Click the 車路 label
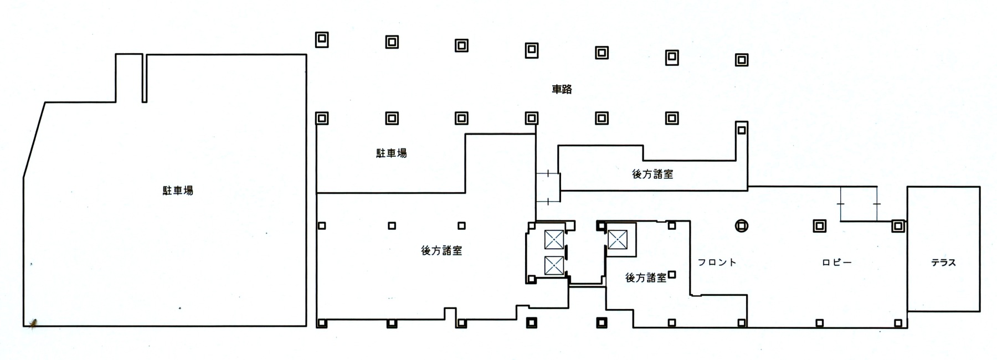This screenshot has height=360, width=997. point(562,89)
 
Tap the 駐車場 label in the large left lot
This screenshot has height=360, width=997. point(178,191)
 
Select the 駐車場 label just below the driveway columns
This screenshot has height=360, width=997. point(391,153)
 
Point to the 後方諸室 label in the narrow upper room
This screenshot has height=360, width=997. point(652,174)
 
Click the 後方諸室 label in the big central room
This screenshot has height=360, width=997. point(441,250)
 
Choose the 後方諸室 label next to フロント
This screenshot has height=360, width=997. point(646,278)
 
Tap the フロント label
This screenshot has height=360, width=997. point(717,263)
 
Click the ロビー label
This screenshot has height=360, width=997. point(836,263)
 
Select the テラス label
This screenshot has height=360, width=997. point(943,263)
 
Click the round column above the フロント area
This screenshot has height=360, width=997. point(741,225)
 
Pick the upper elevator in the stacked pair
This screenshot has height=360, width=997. point(554,239)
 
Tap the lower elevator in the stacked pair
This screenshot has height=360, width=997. point(554,266)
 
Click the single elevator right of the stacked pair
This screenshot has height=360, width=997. point(617,240)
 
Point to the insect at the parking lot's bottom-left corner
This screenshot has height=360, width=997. point(34,322)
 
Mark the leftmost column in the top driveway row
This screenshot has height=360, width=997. point(322,39)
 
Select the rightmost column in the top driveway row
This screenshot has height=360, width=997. point(741,60)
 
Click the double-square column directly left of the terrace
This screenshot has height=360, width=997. point(898,226)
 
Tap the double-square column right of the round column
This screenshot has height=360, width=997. point(819,226)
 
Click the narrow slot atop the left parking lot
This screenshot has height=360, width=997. point(144,78)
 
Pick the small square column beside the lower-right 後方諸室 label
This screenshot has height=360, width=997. point(672,274)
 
